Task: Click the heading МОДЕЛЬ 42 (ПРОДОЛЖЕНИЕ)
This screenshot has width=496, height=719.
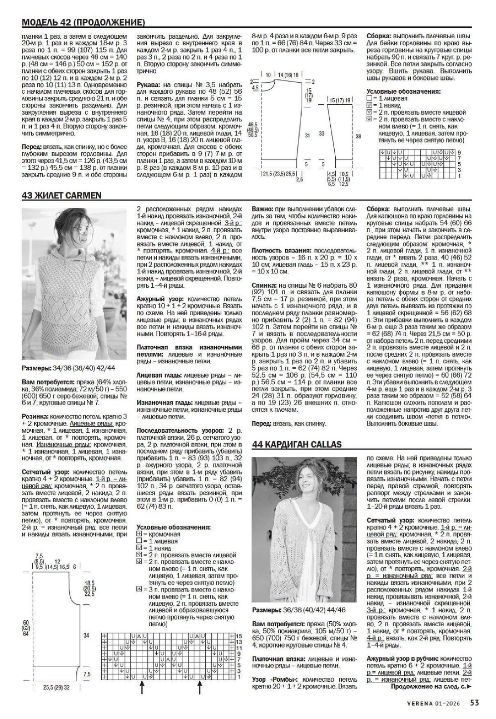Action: pos(84,22)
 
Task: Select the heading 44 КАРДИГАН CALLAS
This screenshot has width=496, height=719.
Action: pos(297,444)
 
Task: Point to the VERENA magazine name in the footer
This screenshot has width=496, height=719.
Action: pos(419,702)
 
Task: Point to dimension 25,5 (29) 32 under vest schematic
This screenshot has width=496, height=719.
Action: pos(56,687)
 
